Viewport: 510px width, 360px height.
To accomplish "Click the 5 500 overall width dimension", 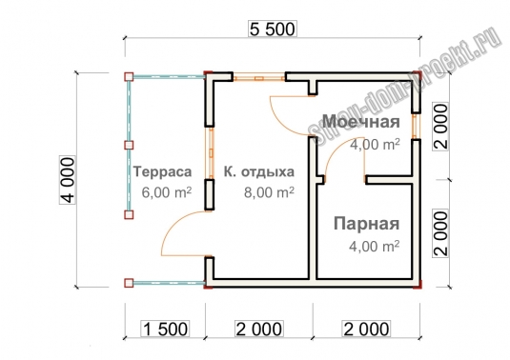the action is click(273, 29).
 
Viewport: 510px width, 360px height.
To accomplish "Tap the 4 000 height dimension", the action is click(68, 180).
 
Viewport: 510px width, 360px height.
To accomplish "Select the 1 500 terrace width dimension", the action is click(165, 329).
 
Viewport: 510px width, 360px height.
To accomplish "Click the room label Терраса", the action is click(163, 171).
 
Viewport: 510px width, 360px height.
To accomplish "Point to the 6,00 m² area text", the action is click(167, 192).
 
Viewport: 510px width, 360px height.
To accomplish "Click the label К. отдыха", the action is click(259, 171).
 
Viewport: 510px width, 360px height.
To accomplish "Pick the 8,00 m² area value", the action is click(269, 192).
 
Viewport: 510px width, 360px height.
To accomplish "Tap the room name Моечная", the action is click(361, 122).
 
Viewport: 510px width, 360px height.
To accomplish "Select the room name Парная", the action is click(367, 224).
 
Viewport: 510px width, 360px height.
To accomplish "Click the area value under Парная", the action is click(374, 247).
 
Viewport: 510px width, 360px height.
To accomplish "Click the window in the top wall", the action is click(259, 78).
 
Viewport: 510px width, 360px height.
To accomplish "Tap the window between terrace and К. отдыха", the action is click(211, 152).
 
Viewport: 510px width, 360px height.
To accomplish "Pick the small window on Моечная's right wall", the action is click(416, 126).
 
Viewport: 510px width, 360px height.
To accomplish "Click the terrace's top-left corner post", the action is click(129, 77).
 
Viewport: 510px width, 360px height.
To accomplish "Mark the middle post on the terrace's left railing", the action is click(129, 145).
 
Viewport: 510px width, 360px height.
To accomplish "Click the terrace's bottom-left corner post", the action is click(129, 283).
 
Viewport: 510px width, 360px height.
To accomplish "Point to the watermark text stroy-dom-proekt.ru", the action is click(405, 85).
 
